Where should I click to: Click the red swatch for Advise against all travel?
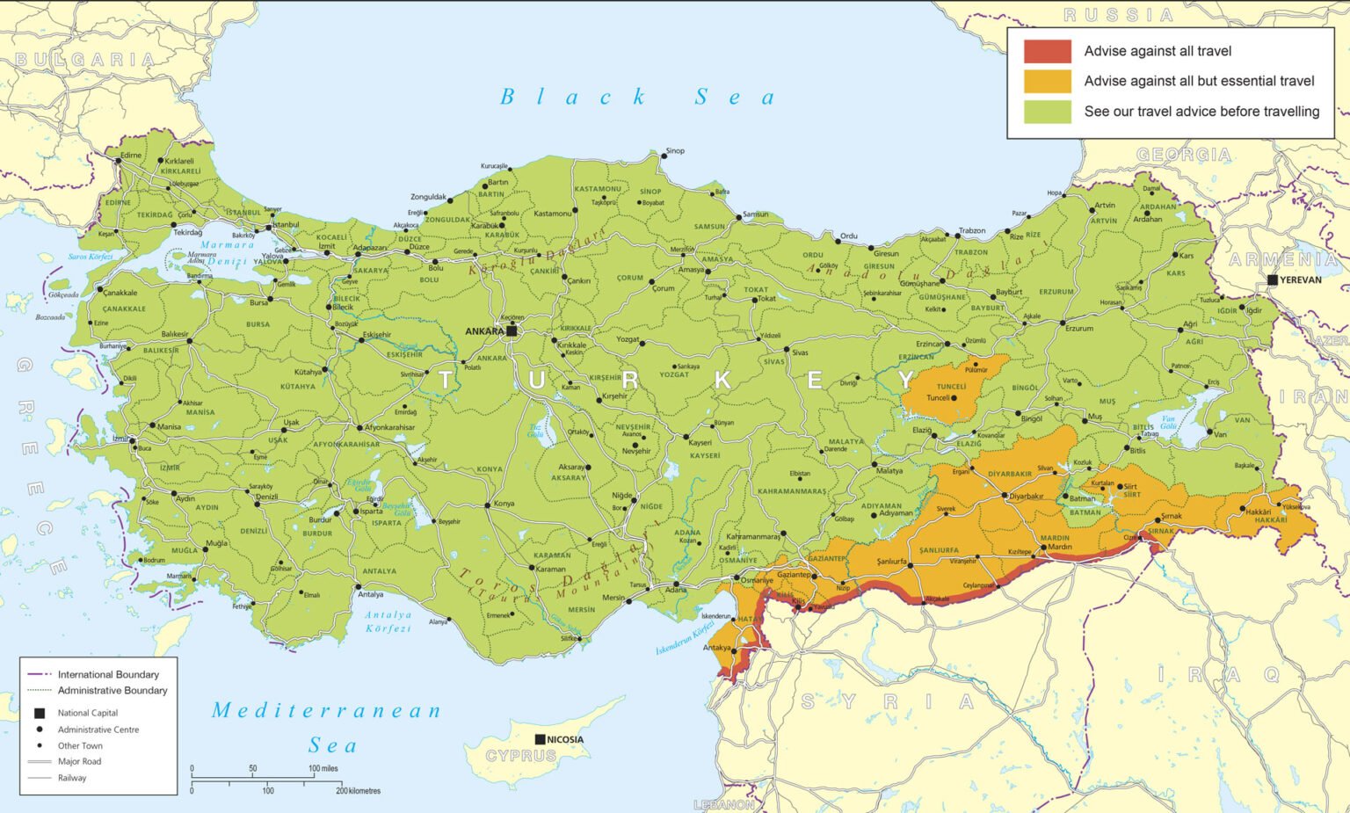(1047, 51)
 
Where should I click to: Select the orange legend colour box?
(1047, 81)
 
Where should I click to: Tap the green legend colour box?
(1047, 112)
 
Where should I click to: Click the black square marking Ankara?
(512, 331)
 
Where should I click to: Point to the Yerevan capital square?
(1273, 279)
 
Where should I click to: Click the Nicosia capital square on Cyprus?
(540, 739)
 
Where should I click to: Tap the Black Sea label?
(637, 97)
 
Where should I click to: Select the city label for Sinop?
(675, 151)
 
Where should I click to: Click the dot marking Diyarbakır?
(1005, 496)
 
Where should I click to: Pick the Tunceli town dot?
(954, 398)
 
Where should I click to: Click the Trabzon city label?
(971, 230)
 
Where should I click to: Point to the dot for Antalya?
(359, 586)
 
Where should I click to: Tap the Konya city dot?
(488, 504)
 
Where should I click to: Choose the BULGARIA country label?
(85, 60)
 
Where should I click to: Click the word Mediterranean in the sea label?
(326, 710)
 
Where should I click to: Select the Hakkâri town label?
(1259, 512)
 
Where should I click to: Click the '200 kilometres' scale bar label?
(359, 791)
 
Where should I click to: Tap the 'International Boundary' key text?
(108, 674)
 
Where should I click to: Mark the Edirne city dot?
(117, 162)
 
